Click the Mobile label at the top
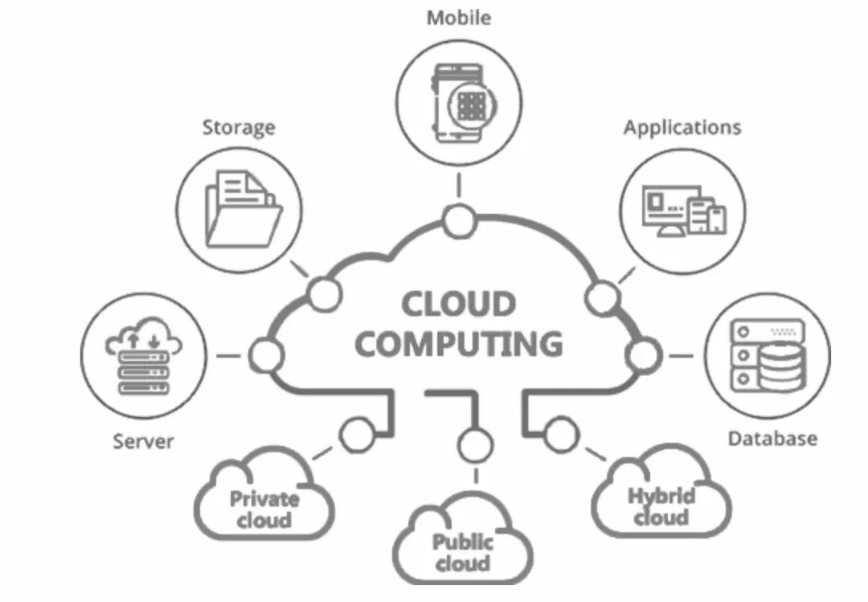(x=458, y=18)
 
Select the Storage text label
(x=239, y=128)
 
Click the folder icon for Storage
(x=243, y=209)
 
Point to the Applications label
(x=682, y=128)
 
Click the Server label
(x=143, y=441)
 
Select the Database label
(x=772, y=439)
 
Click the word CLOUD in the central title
(x=458, y=304)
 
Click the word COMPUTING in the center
(x=458, y=344)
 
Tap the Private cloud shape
(x=264, y=493)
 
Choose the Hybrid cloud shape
(x=661, y=491)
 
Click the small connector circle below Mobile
(x=459, y=221)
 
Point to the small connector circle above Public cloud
(x=476, y=445)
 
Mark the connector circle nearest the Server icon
(x=266, y=355)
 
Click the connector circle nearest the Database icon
(x=643, y=355)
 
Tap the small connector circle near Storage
(x=325, y=294)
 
